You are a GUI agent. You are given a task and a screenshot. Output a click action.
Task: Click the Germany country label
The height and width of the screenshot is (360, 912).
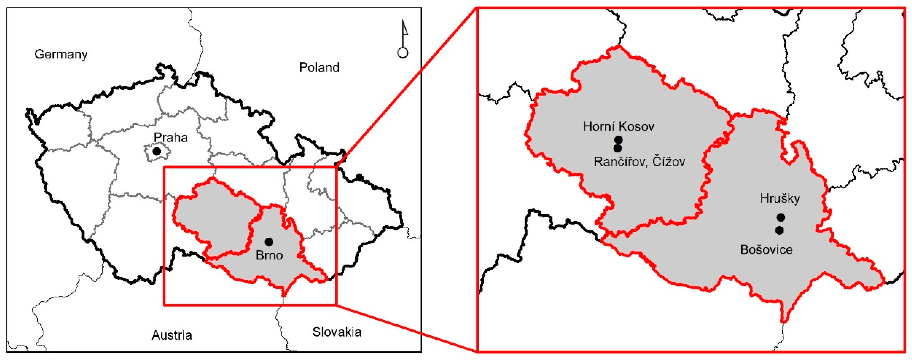61,54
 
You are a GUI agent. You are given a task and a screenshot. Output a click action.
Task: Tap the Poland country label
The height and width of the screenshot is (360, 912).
319,67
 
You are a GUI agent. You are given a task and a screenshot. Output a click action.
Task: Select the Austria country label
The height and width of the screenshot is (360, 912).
172,335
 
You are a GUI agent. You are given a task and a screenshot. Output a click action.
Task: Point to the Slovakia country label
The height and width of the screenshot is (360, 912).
337,332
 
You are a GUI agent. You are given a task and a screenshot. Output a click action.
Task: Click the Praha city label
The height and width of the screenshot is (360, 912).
171,137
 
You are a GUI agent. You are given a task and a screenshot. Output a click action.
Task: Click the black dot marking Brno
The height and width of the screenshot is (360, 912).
269,242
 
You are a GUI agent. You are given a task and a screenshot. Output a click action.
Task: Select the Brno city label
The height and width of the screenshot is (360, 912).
269,255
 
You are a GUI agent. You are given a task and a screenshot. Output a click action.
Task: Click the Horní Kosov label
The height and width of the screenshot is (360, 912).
618,127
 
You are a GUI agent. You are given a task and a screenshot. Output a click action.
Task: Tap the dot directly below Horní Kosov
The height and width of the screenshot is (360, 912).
618,140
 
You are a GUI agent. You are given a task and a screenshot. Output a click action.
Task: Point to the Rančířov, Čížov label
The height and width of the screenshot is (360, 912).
639,162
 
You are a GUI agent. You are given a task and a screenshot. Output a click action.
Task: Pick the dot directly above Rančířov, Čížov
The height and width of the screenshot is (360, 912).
617,148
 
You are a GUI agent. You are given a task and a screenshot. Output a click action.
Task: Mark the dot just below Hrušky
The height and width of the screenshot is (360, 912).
780,217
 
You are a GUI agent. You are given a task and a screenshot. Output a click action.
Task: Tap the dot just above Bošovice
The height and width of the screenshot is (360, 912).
779,230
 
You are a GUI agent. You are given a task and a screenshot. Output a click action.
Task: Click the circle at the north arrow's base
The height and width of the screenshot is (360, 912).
403,53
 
